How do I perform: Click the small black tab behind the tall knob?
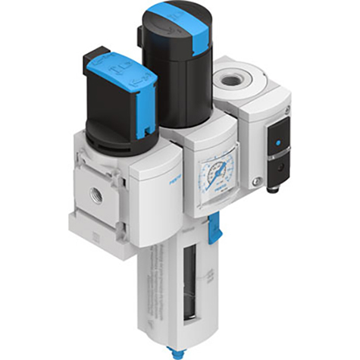(x=139, y=34)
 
